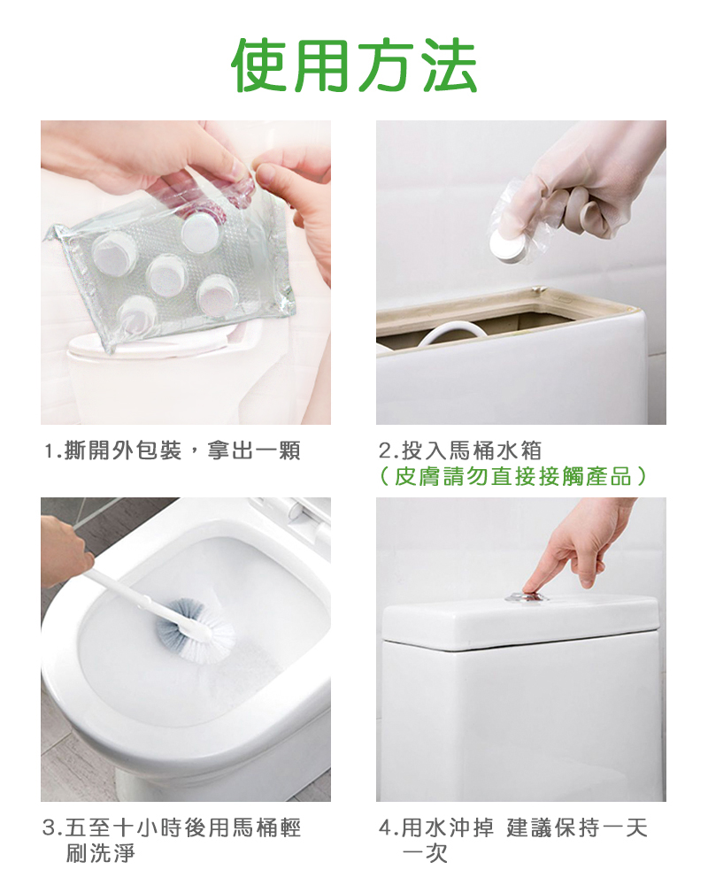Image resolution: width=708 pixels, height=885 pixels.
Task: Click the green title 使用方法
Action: [354, 65]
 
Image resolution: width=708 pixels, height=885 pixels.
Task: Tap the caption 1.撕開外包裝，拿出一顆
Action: [173, 451]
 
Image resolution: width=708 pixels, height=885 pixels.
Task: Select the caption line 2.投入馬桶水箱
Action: [460, 451]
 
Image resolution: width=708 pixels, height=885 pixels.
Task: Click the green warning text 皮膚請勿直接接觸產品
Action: [512, 477]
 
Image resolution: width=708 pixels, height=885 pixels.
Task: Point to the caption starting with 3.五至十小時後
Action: [173, 840]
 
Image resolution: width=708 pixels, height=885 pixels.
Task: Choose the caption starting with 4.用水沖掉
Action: [512, 840]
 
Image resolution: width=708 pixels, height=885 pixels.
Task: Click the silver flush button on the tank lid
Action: [527, 596]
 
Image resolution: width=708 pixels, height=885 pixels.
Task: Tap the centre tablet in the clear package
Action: [166, 275]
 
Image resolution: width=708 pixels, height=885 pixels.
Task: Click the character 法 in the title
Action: [450, 65]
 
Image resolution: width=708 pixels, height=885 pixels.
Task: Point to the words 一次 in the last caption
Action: [425, 853]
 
